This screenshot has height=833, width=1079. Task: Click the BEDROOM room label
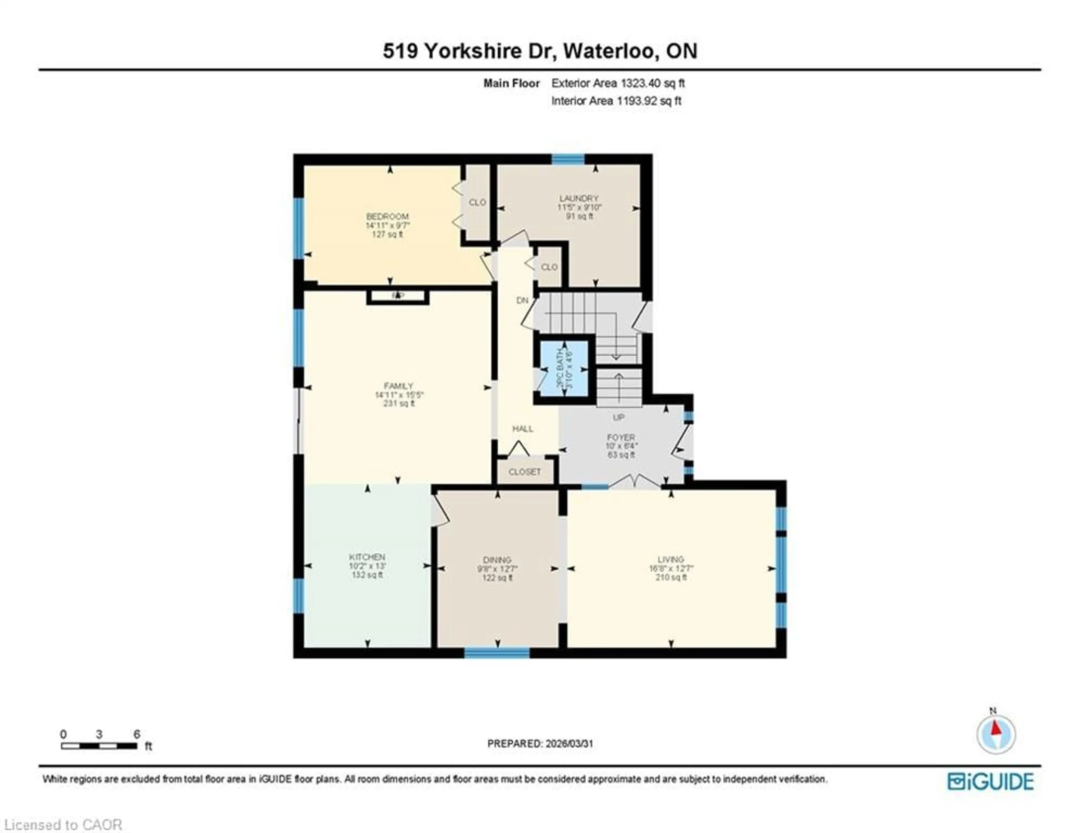click(x=387, y=216)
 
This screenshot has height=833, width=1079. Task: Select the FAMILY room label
click(x=398, y=386)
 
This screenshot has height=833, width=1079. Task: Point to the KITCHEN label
click(x=367, y=557)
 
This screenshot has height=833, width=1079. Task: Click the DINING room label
click(x=497, y=560)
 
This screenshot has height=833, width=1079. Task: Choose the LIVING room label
click(x=670, y=559)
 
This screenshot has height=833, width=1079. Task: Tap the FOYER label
click(x=620, y=437)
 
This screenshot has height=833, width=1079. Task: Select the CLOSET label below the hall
click(x=525, y=472)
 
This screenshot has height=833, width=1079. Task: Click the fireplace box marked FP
click(x=398, y=296)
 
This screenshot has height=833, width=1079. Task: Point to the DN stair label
click(x=522, y=300)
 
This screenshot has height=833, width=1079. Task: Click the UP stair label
click(x=618, y=418)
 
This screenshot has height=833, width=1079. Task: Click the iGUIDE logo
click(x=990, y=781)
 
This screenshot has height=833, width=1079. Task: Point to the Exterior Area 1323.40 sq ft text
click(x=618, y=83)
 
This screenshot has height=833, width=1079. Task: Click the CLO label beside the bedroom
click(x=477, y=203)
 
